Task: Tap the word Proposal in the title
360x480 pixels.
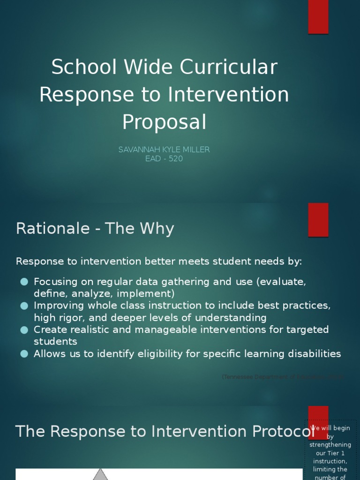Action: pyautogui.click(x=164, y=122)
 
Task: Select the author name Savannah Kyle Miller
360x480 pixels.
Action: pyautogui.click(x=164, y=150)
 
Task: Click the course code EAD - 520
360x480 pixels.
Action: pyautogui.click(x=164, y=158)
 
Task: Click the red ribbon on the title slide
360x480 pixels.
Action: pyautogui.click(x=318, y=17)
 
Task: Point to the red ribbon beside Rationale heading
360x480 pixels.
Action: pyautogui.click(x=318, y=220)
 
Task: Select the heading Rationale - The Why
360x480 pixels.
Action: pyautogui.click(x=95, y=229)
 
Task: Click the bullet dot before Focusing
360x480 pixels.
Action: pyautogui.click(x=24, y=282)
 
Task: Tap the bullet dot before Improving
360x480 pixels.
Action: pyautogui.click(x=24, y=306)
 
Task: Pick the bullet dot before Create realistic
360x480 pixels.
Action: pyautogui.click(x=24, y=330)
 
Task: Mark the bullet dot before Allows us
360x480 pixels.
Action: pyautogui.click(x=24, y=354)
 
